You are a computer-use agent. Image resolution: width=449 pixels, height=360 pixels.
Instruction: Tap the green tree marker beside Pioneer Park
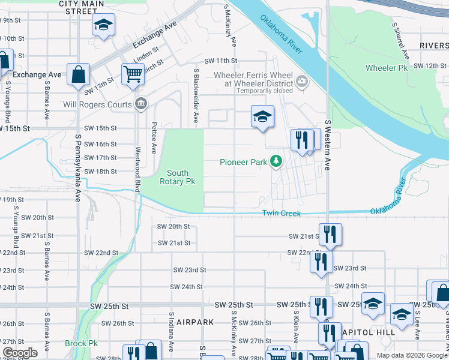pos(276,161)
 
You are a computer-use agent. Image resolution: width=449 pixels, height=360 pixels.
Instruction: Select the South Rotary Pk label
pos(177,177)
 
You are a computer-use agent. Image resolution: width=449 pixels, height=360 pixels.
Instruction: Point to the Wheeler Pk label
pos(390,68)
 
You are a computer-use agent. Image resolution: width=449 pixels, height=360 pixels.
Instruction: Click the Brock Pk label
pos(81,344)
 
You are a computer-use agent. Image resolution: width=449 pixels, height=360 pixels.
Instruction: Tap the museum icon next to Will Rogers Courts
pos(140,104)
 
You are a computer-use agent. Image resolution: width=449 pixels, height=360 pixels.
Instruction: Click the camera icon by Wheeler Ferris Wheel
pos(301,80)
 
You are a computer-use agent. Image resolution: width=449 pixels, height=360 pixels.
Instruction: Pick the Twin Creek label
pos(280,214)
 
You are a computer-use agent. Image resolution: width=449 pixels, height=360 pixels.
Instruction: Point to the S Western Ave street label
pos(328,145)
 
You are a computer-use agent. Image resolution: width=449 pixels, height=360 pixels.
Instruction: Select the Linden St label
pos(146,55)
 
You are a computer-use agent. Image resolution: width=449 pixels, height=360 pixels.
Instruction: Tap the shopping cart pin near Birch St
pos(133,74)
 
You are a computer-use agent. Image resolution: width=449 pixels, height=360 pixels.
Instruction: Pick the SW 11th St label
pos(221,61)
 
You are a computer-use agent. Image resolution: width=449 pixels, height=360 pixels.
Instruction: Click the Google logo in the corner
pos(20,353)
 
